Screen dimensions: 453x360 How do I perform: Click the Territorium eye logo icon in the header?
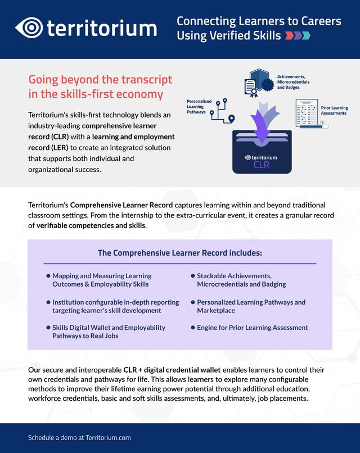29,28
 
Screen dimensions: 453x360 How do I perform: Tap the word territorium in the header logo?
101,28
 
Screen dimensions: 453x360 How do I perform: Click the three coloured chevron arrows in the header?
298,36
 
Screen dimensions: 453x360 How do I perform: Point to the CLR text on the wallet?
262,165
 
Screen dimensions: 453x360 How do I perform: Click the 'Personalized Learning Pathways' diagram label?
199,107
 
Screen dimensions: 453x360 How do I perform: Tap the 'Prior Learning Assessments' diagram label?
334,110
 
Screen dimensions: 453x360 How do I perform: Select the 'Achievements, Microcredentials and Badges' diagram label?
292,81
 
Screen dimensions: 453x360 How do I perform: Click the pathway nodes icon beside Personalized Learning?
222,111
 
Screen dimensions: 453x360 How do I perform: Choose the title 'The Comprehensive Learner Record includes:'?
180,253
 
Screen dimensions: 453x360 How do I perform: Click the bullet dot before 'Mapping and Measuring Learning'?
48,276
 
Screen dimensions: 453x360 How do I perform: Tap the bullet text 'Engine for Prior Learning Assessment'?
252,327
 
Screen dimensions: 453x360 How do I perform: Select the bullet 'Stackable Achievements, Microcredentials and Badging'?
242,280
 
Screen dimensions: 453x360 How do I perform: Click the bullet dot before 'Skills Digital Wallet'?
48,327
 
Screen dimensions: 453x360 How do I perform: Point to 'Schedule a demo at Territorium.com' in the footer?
79,437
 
